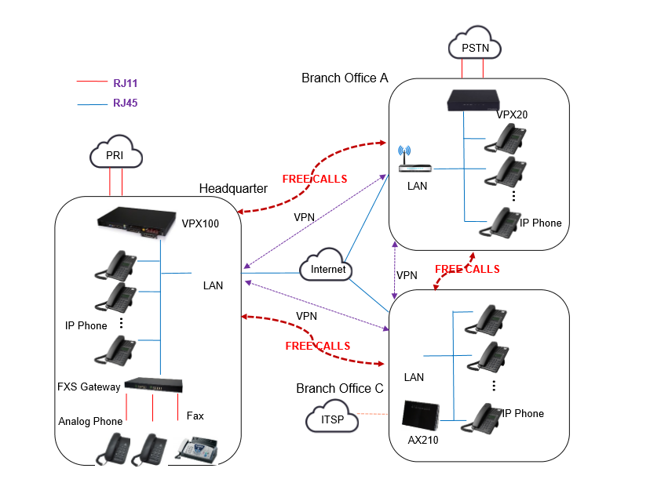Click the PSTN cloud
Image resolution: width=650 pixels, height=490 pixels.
(474, 48)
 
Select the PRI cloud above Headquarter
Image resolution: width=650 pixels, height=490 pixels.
(116, 154)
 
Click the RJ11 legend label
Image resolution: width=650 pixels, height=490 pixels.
(126, 82)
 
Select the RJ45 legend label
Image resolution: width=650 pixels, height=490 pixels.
(126, 103)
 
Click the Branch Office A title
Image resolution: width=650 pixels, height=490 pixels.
(345, 78)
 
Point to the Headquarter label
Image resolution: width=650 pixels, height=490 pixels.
(233, 188)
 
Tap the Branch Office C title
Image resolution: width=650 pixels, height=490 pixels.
(340, 389)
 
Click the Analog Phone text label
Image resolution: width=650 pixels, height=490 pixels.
(90, 421)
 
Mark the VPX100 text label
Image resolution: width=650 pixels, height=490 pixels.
(200, 223)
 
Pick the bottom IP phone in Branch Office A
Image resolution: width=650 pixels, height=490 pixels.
(499, 222)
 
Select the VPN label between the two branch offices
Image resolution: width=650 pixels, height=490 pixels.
(407, 275)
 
